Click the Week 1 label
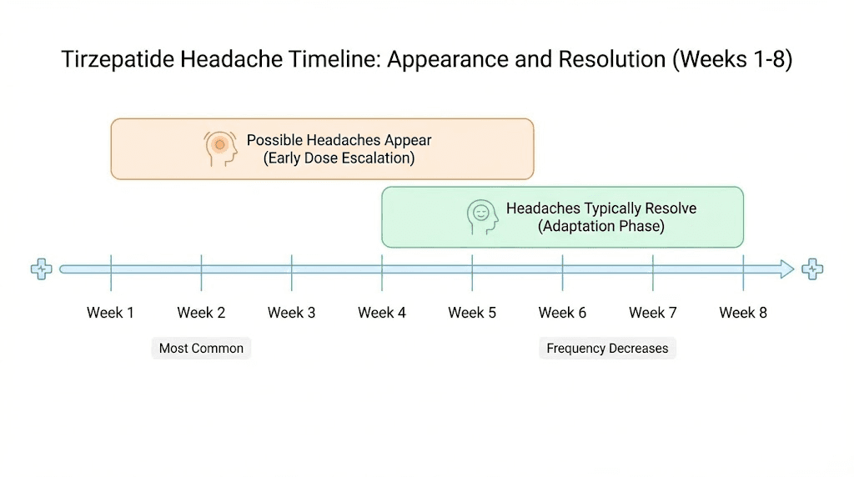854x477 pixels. tap(110, 313)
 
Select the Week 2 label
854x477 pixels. tap(201, 313)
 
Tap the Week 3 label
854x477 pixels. tap(291, 313)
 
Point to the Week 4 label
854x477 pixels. tap(382, 313)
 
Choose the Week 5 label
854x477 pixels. tap(472, 313)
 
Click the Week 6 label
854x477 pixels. tap(562, 313)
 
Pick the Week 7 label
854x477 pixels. tap(652, 313)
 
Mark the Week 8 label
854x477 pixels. tap(743, 313)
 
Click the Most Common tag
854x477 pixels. tap(201, 349)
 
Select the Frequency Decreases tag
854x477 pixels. tap(607, 349)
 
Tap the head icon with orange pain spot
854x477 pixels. tap(219, 148)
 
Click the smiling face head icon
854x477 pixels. tap(482, 216)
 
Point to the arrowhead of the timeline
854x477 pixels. tap(787, 269)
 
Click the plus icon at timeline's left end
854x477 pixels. tap(41, 269)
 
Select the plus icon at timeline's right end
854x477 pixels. tap(812, 269)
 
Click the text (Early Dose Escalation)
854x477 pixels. tap(339, 158)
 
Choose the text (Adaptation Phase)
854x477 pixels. tap(600, 226)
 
